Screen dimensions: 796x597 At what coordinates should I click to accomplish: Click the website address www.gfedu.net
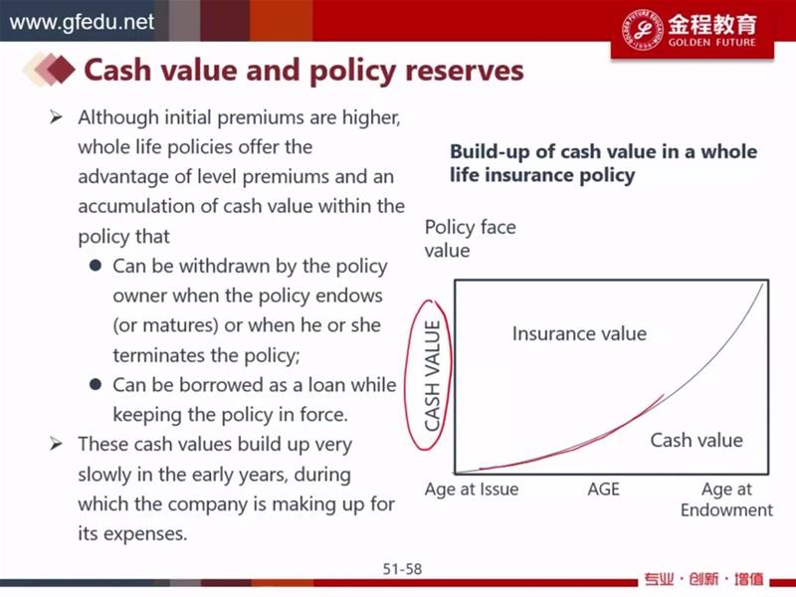(x=82, y=22)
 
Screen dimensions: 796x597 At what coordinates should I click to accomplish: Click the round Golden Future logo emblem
(x=642, y=29)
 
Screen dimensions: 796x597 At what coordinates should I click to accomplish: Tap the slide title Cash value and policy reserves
(x=303, y=71)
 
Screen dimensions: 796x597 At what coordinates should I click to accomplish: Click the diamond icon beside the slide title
(x=49, y=69)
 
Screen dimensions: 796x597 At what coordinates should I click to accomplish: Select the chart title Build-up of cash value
(x=603, y=163)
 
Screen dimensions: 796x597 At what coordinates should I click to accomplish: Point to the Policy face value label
(x=470, y=239)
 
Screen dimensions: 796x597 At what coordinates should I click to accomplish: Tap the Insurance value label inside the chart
(x=579, y=333)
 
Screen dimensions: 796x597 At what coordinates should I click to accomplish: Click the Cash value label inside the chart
(x=696, y=440)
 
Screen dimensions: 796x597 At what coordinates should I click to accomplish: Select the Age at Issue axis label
(x=472, y=489)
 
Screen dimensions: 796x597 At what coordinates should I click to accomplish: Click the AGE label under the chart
(x=604, y=489)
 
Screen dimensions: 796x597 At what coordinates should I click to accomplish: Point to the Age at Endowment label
(x=727, y=499)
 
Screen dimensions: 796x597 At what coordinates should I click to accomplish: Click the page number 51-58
(x=402, y=569)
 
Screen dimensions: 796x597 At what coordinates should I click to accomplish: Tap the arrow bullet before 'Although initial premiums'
(x=56, y=117)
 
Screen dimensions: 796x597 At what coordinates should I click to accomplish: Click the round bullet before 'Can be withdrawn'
(x=95, y=266)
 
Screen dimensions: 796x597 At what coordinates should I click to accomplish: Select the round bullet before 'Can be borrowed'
(x=95, y=384)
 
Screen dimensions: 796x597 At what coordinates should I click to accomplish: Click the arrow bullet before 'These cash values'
(x=56, y=444)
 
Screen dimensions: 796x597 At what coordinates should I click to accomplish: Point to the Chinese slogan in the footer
(x=704, y=579)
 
